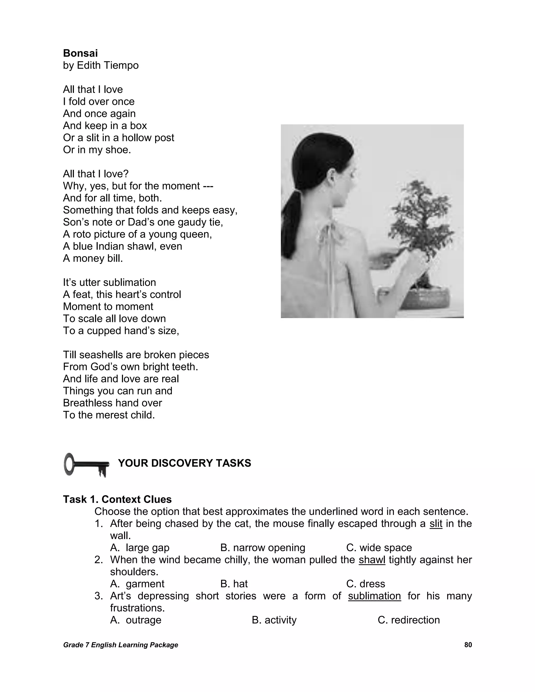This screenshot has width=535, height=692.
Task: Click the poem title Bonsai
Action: tap(80, 53)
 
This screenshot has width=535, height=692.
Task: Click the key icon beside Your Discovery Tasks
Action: tap(86, 465)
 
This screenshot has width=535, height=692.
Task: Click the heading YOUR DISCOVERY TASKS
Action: tap(184, 463)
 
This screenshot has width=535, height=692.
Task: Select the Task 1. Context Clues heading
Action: tap(117, 499)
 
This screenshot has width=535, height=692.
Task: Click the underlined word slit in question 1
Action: tap(436, 523)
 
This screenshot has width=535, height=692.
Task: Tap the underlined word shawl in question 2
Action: tap(372, 560)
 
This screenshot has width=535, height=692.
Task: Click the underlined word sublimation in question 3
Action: tap(374, 596)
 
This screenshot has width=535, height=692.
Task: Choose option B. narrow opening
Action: tap(263, 548)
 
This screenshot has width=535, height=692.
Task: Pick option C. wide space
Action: tap(379, 548)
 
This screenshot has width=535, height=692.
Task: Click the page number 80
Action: tap(468, 645)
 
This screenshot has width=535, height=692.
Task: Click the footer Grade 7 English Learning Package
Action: tap(120, 645)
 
